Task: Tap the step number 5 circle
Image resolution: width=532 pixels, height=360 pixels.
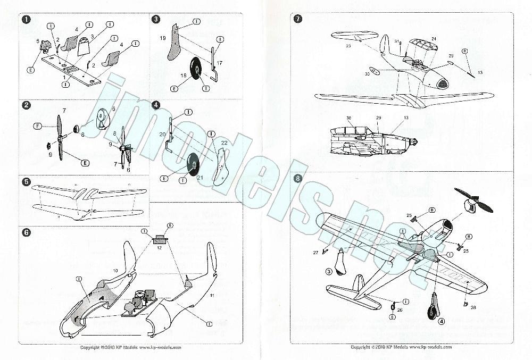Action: [x=26, y=182]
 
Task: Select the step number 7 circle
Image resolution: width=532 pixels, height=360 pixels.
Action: [x=297, y=19]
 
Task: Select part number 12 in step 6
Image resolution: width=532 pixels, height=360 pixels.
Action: [x=159, y=249]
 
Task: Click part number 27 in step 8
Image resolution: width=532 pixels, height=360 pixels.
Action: [x=315, y=253]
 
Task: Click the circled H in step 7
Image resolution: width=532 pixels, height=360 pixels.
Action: [x=464, y=52]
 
